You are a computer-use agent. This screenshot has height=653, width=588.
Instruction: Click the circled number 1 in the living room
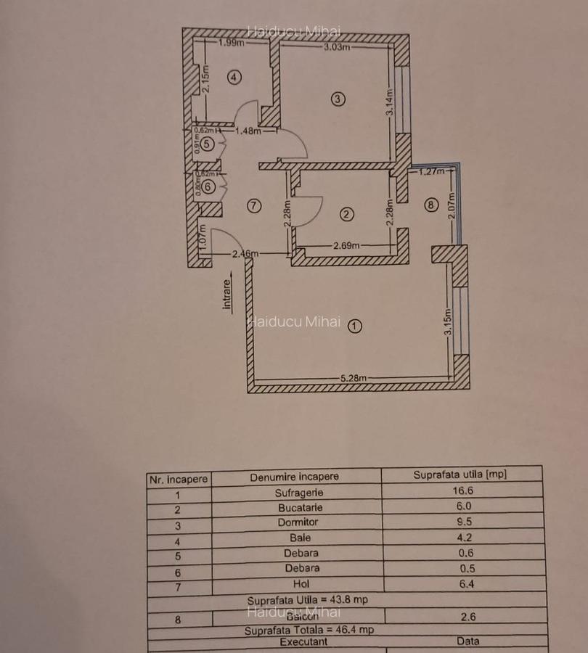354,326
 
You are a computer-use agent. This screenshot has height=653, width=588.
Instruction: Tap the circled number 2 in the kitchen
346,214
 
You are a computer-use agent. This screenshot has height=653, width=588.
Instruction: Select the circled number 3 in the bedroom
337,99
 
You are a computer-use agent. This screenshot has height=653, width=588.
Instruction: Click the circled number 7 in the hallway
253,205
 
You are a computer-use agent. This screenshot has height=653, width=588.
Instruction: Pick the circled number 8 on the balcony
431,205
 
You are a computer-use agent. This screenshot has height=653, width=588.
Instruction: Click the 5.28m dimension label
354,378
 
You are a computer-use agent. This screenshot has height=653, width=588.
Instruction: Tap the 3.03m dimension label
337,48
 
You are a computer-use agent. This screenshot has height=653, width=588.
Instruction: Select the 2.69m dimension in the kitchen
346,245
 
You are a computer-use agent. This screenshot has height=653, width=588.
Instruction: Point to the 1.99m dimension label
231,43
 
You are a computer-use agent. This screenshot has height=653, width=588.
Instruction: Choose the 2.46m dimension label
245,254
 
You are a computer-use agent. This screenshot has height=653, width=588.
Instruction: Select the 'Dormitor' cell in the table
298,522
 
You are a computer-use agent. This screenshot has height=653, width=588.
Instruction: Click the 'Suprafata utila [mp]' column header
460,475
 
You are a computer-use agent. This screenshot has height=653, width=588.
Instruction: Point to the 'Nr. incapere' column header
178,479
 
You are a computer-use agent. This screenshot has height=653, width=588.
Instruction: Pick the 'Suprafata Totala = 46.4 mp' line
309,630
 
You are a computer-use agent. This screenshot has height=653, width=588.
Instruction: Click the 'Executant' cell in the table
307,642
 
